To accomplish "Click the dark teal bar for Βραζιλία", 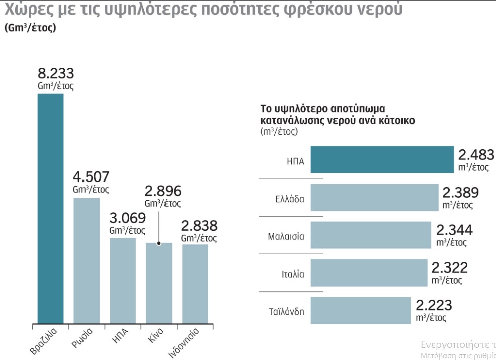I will pos(51,208).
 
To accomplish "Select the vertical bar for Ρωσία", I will pos(87,260).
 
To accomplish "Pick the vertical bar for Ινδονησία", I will pos(195,284).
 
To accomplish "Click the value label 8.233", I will pos(56,72).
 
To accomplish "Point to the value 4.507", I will pos(91,177).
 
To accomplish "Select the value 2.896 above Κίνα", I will pos(162,191).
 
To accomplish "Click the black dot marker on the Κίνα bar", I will pos(159,243).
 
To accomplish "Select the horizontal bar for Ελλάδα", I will pos(374,198).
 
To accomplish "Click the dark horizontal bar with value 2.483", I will pos(382,160).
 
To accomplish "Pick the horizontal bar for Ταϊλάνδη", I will pos(361,310).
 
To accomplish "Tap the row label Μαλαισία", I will pos(286,236).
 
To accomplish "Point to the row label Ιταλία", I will pos(293,275).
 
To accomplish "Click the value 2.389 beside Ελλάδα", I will pos(460,193).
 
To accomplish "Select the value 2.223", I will pos(434,305).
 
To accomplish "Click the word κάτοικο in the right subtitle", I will pos(397,121).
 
